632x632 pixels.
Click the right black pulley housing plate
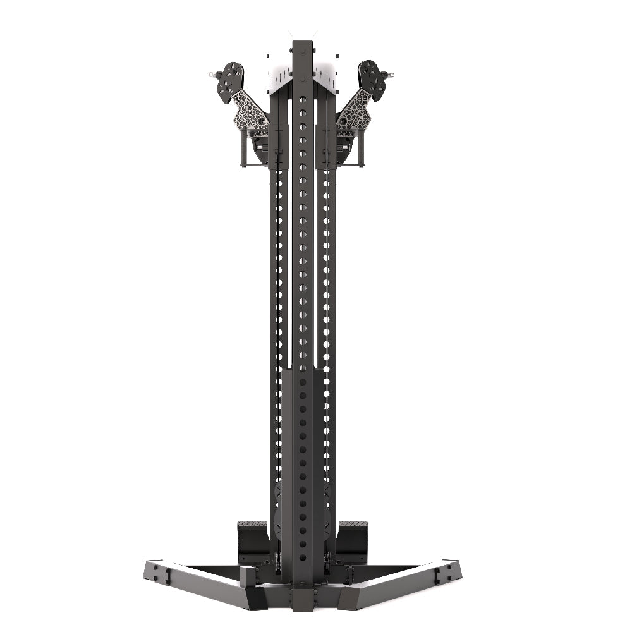(374, 80)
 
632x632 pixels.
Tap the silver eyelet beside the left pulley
(212, 75)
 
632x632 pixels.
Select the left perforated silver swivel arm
(248, 111)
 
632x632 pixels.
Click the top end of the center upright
(302, 44)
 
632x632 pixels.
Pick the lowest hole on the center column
(302, 558)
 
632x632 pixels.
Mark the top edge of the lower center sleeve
(302, 371)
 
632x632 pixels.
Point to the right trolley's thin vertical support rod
(362, 149)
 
